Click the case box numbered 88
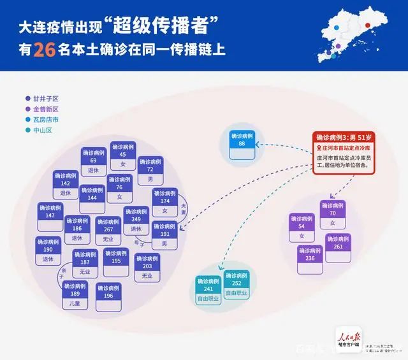point(242,140)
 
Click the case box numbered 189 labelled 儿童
point(75,296)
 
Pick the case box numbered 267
point(108,229)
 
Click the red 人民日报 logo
point(352,336)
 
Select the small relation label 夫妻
point(184,208)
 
